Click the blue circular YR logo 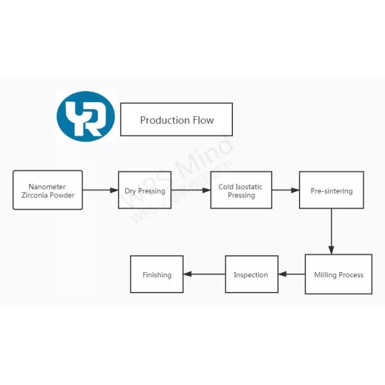coord(85,116)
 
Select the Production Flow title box coord(176,119)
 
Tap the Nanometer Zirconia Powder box coord(48,190)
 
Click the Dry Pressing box coord(144,191)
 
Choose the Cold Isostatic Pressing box coord(241,191)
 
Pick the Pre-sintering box coord(331,191)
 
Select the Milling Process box coord(338,275)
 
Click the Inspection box coord(251,275)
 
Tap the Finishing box coord(157,275)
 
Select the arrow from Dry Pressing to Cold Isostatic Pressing coord(191,191)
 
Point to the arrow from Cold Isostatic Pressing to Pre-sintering coord(286,191)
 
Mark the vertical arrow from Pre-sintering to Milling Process coord(332,231)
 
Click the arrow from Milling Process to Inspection coord(291,275)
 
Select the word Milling coord(326,275)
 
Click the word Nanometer coord(47,186)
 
